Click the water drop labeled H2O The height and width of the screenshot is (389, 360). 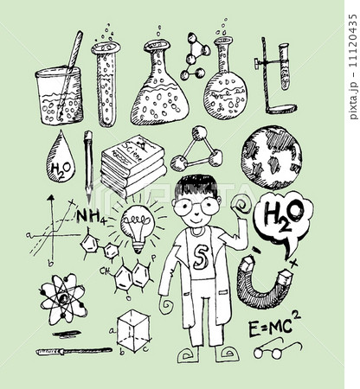tap(61, 160)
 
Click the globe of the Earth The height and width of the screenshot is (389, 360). tap(271, 158)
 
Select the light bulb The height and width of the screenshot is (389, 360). tap(137, 227)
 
